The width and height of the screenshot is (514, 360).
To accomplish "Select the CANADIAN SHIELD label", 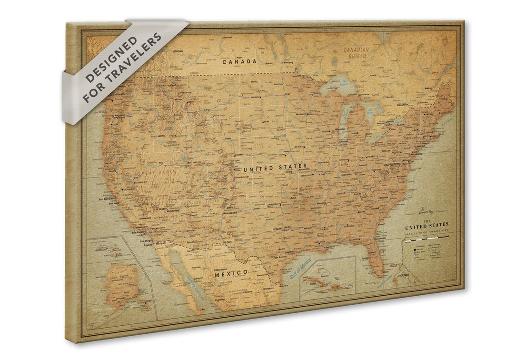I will click(356, 52).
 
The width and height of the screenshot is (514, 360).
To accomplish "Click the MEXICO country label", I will click(231, 273).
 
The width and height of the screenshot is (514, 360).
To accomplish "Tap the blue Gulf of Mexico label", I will click(300, 269).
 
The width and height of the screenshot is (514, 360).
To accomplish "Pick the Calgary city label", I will click(178, 51).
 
